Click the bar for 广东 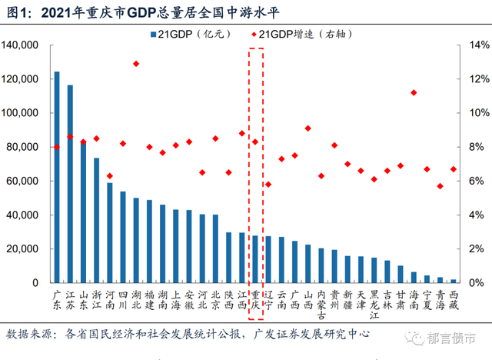pos(57,177)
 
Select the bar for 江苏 pos(70,184)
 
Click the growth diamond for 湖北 pos(136,64)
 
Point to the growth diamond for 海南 pos(414,92)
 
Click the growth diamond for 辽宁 pos(268,185)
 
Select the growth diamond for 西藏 pos(454,169)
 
